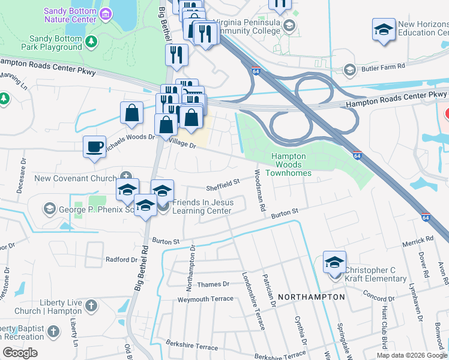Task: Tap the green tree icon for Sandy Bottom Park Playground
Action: pos(91,41)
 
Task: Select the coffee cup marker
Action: pos(95,147)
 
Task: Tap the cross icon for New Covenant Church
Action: pos(125,176)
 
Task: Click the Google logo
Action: pos(20,352)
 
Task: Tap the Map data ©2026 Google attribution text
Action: pos(412,355)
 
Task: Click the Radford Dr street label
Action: pos(121,260)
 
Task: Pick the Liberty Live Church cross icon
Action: pos(91,306)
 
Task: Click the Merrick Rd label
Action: pos(418,241)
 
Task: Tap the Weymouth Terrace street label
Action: pos(205,299)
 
